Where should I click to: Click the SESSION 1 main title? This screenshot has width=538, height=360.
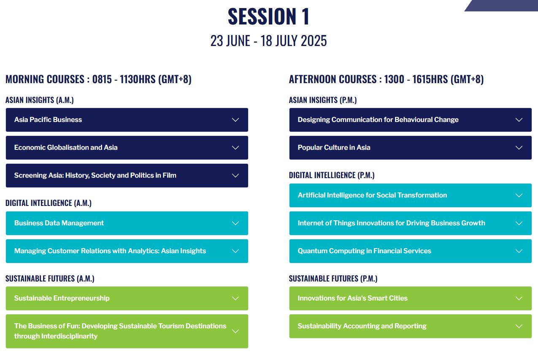click(x=268, y=16)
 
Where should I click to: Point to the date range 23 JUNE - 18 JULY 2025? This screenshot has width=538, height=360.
click(x=268, y=41)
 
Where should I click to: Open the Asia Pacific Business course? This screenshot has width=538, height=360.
click(x=127, y=119)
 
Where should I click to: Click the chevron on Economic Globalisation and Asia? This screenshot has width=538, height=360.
click(x=235, y=147)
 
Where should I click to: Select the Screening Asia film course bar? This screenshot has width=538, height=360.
click(x=127, y=175)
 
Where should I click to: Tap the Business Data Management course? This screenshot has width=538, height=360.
click(x=127, y=223)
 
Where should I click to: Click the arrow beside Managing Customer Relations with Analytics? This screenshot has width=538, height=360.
click(x=235, y=251)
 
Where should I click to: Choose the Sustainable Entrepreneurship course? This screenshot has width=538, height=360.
click(x=127, y=298)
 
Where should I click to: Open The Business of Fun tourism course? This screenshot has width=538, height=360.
click(x=127, y=331)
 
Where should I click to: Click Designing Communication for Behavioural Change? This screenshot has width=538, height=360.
click(x=410, y=119)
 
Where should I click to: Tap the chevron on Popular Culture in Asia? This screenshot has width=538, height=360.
click(x=519, y=147)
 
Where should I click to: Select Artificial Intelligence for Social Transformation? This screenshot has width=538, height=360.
click(x=410, y=195)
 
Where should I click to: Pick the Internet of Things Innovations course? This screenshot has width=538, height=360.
click(x=410, y=223)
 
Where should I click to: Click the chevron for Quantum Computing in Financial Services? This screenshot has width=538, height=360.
click(x=519, y=251)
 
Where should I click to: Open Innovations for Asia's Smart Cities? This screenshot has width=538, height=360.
click(x=410, y=298)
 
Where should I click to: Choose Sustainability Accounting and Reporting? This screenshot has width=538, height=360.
click(x=410, y=326)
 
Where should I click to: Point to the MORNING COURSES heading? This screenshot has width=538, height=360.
click(x=98, y=79)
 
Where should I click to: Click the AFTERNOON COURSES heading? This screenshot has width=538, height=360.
click(x=386, y=79)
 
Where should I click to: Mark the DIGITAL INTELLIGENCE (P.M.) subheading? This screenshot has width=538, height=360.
click(x=332, y=175)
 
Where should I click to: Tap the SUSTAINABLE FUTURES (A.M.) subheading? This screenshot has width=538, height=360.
click(x=50, y=279)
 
